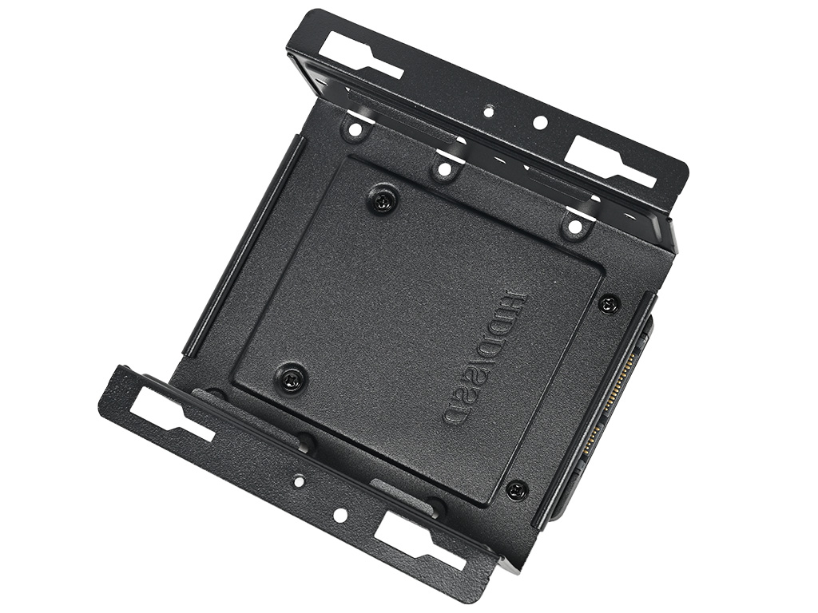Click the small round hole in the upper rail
click(x=488, y=111)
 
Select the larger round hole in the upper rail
click(x=541, y=123)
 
